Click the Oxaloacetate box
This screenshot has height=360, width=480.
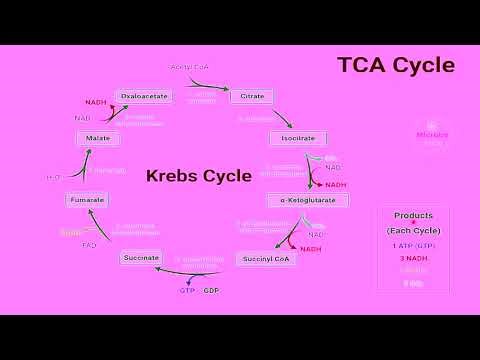click(144, 96)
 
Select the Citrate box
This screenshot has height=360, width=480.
click(252, 96)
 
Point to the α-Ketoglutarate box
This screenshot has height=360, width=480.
click(308, 200)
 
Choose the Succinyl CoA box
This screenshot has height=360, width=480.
click(267, 258)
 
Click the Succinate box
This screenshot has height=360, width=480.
click(141, 258)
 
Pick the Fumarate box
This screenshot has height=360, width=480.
click(87, 200)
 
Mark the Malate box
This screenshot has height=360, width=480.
click(98, 136)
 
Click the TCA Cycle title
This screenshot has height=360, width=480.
click(395, 66)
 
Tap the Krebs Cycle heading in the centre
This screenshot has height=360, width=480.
click(198, 176)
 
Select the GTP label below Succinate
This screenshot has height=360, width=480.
click(186, 290)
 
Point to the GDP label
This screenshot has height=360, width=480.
click(211, 290)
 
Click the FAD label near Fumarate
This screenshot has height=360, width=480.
click(89, 244)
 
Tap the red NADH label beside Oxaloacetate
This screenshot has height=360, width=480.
click(95, 102)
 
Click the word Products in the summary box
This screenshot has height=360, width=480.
click(413, 215)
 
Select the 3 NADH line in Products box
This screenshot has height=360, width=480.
click(413, 258)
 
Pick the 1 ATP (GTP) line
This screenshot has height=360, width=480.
click(413, 244)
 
